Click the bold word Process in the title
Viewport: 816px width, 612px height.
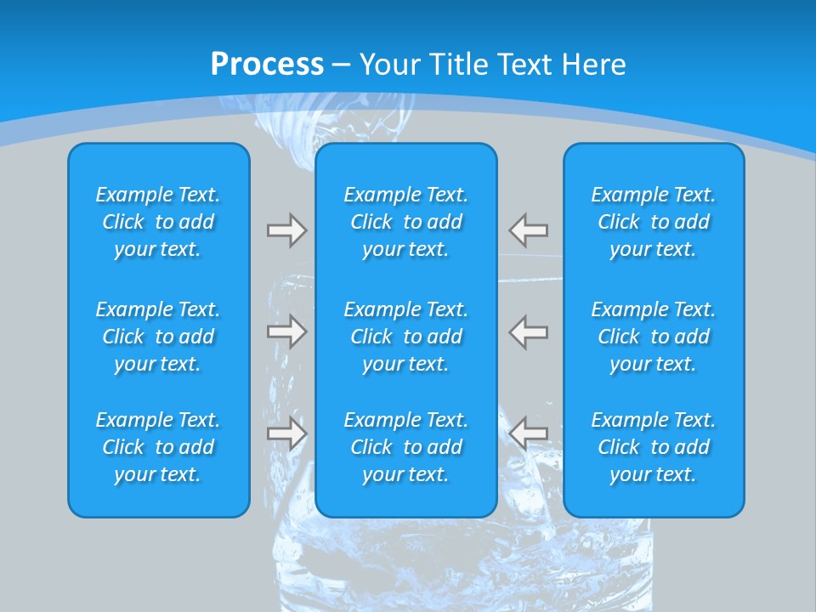[267, 65]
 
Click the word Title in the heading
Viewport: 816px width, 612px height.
[459, 65]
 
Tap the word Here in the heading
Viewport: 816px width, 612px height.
[592, 65]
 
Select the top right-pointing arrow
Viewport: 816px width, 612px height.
[286, 230]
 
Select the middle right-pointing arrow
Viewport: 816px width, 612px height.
[286, 331]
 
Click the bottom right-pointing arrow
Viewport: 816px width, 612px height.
[286, 433]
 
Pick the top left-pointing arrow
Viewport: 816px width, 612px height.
[529, 230]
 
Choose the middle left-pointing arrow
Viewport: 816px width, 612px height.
[529, 331]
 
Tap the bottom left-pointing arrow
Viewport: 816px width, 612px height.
[529, 433]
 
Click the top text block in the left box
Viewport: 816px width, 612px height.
[158, 222]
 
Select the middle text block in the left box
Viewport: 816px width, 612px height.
[158, 337]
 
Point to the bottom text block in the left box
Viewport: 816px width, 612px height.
[158, 447]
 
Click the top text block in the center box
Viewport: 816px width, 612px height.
[406, 222]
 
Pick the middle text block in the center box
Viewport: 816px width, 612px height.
[406, 337]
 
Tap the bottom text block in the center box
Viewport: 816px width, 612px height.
[406, 447]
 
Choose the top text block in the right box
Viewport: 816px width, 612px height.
[654, 222]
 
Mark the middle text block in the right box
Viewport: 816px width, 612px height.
[654, 337]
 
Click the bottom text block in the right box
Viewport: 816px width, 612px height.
[654, 447]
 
